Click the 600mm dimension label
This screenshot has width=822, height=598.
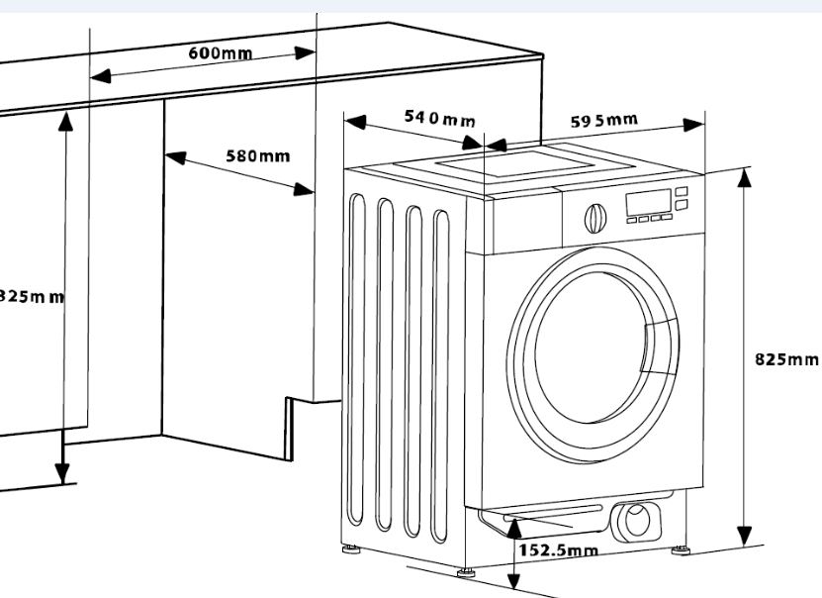pyautogui.click(x=220, y=53)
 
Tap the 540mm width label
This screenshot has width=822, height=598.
pyautogui.click(x=439, y=119)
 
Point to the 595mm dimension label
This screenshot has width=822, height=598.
pyautogui.click(x=604, y=121)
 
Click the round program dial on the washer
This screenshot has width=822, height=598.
pyautogui.click(x=594, y=217)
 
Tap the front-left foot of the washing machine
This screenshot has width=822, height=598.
pyautogui.click(x=465, y=569)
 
